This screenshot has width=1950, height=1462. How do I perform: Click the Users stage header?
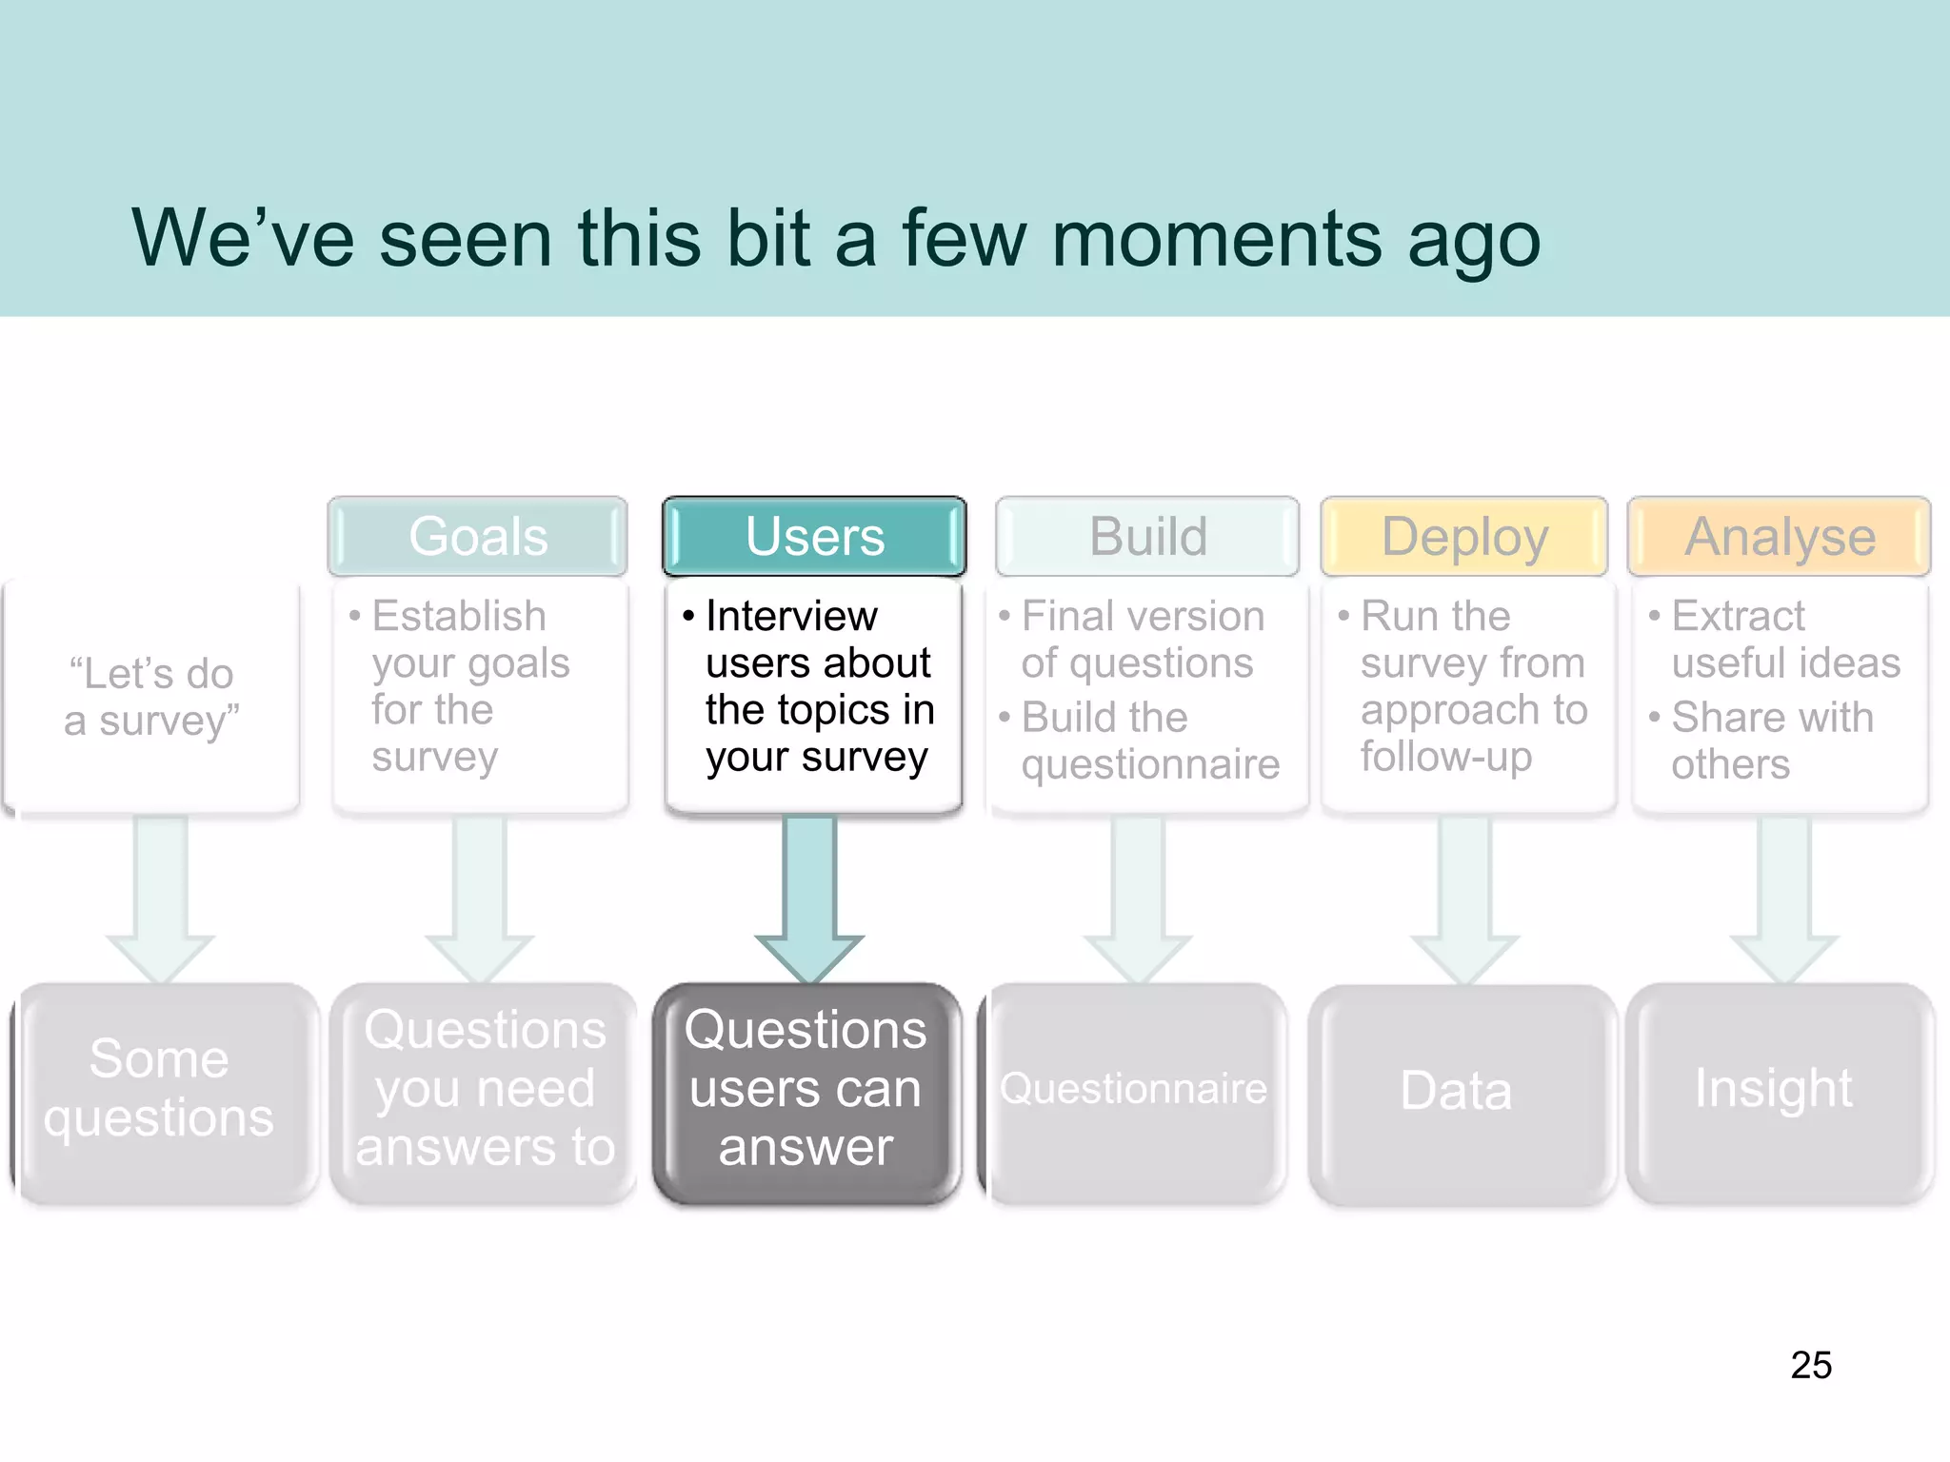814,536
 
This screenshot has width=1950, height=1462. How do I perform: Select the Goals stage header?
477,536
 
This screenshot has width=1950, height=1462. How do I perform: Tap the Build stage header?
1147,536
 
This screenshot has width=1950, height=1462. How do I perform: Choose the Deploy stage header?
1464,536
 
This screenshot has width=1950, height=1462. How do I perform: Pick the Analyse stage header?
1779,536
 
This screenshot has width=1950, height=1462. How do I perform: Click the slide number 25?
1810,1365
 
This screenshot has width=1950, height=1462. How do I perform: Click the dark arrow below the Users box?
809,895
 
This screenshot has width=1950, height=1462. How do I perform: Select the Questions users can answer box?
806,1089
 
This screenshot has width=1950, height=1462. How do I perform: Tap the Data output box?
1457,1091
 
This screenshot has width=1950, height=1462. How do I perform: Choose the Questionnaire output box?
1133,1089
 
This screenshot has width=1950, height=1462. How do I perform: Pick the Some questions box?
159,1089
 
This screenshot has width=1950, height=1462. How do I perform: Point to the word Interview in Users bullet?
790,617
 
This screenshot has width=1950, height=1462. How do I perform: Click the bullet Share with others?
1771,741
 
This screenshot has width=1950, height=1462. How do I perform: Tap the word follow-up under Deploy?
1445,757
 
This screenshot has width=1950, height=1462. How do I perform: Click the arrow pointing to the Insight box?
1783,895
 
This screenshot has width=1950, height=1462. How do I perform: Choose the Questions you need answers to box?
485,1089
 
